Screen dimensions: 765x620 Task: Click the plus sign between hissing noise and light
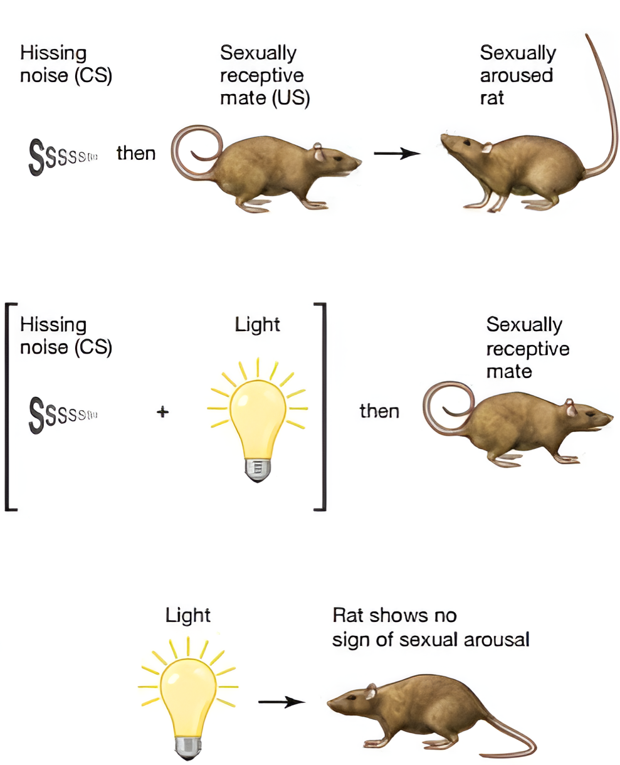[162, 412]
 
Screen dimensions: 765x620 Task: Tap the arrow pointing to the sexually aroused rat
[397, 153]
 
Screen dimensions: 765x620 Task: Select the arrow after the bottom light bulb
[281, 702]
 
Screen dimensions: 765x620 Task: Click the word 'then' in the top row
[136, 153]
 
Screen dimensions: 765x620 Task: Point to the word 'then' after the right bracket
[379, 411]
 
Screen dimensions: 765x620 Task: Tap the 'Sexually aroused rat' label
[517, 75]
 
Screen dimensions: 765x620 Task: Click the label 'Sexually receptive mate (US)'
[265, 75]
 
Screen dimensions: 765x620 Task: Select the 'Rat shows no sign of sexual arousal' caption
[431, 627]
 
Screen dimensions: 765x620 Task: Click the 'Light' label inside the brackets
[257, 325]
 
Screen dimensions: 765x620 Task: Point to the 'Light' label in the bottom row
[188, 615]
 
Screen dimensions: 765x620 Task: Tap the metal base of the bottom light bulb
[187, 747]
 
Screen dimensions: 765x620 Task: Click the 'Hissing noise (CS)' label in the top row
[66, 64]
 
